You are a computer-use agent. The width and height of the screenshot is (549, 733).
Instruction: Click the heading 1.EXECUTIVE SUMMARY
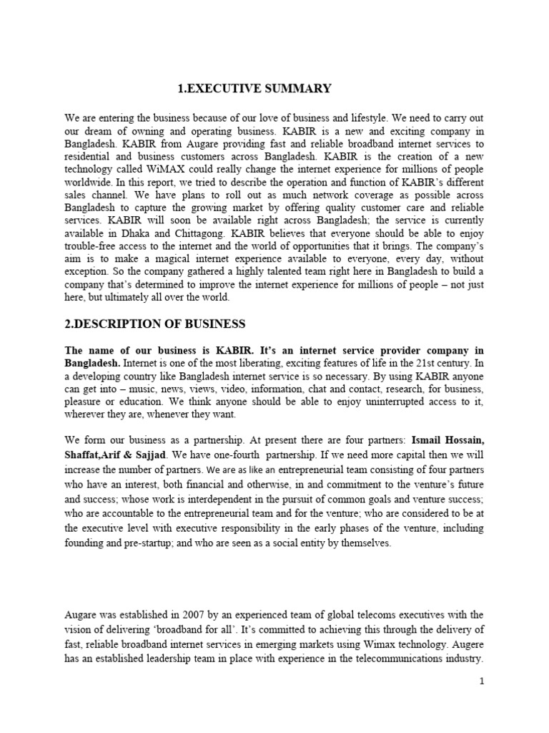[x=254, y=89]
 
